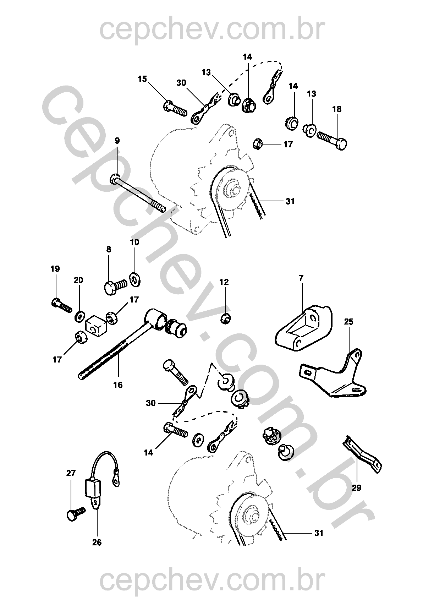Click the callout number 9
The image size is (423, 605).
[x=117, y=141]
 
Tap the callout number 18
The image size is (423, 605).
[x=337, y=109]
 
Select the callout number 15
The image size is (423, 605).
[x=142, y=79]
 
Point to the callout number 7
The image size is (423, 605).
[x=301, y=278]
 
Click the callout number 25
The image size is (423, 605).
[x=349, y=322]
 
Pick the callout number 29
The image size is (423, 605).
[x=357, y=488]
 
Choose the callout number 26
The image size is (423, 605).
[x=97, y=543]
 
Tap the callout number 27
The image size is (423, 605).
[x=71, y=473]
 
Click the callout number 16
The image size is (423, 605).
[x=118, y=385]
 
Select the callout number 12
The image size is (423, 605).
[x=224, y=282]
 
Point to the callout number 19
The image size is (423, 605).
[x=55, y=269]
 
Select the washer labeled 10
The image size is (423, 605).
[x=134, y=279]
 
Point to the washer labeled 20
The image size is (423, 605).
[x=80, y=315]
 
